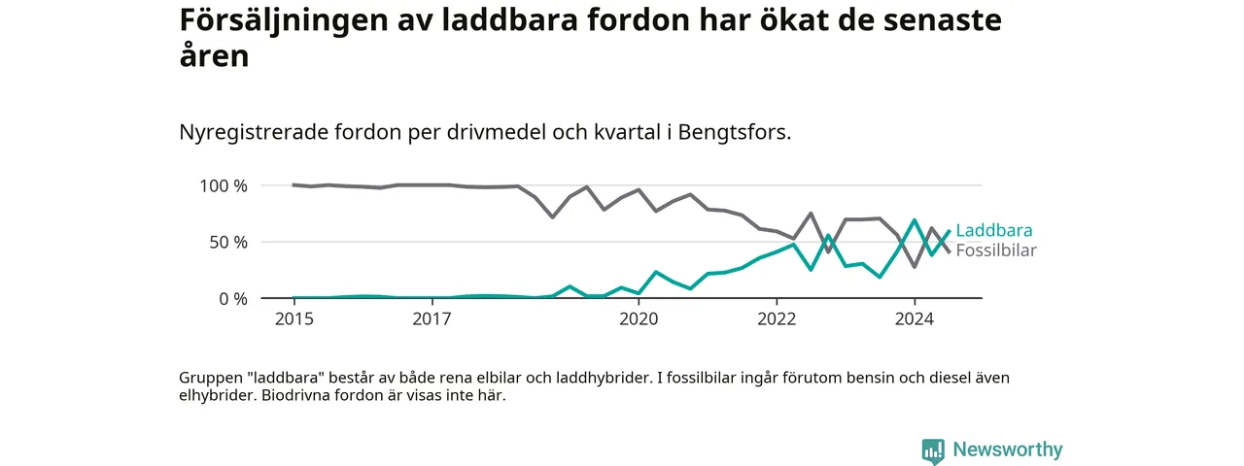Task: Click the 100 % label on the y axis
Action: [224, 185]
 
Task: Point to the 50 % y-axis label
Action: [228, 243]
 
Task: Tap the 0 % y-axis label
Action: [232, 299]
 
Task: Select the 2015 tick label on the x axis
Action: [294, 319]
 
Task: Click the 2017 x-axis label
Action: [432, 319]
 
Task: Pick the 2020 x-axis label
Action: [639, 319]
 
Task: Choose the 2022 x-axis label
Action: [777, 319]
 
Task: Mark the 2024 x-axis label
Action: [915, 319]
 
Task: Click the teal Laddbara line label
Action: [994, 230]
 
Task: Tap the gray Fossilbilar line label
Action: [996, 250]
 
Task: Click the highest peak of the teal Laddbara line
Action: [915, 220]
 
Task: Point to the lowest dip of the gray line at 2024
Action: [915, 267]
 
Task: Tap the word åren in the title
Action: [214, 55]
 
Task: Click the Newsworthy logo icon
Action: [933, 449]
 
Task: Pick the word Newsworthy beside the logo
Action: [1008, 449]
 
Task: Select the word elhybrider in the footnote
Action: [218, 395]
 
